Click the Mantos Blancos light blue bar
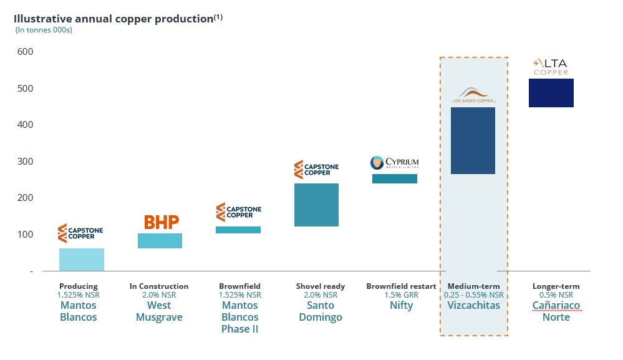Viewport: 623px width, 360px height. tap(82, 260)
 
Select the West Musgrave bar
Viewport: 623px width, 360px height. tap(160, 241)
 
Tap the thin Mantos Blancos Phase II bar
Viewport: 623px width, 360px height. tap(238, 230)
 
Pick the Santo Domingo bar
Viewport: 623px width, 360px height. tap(316, 205)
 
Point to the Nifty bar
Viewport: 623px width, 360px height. tap(394, 178)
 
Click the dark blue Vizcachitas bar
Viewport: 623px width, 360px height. tap(473, 140)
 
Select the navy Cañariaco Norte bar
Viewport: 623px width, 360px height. tap(551, 93)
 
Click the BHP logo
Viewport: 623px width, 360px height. tap(162, 222)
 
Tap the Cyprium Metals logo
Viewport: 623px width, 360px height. tap(394, 163)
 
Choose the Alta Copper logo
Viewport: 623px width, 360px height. tap(551, 66)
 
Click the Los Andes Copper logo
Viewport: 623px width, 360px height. tap(474, 95)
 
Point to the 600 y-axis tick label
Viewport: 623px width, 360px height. tap(25, 52)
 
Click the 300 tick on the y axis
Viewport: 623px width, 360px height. tap(25, 162)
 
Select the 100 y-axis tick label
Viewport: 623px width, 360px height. tap(25, 235)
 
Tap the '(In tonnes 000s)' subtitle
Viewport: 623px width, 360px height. tap(44, 30)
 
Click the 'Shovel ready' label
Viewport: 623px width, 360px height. tap(316, 286)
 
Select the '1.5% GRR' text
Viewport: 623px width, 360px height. tap(401, 295)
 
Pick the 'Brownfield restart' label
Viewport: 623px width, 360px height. tap(401, 286)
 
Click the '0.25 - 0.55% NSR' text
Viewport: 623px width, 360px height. tap(474, 295)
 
